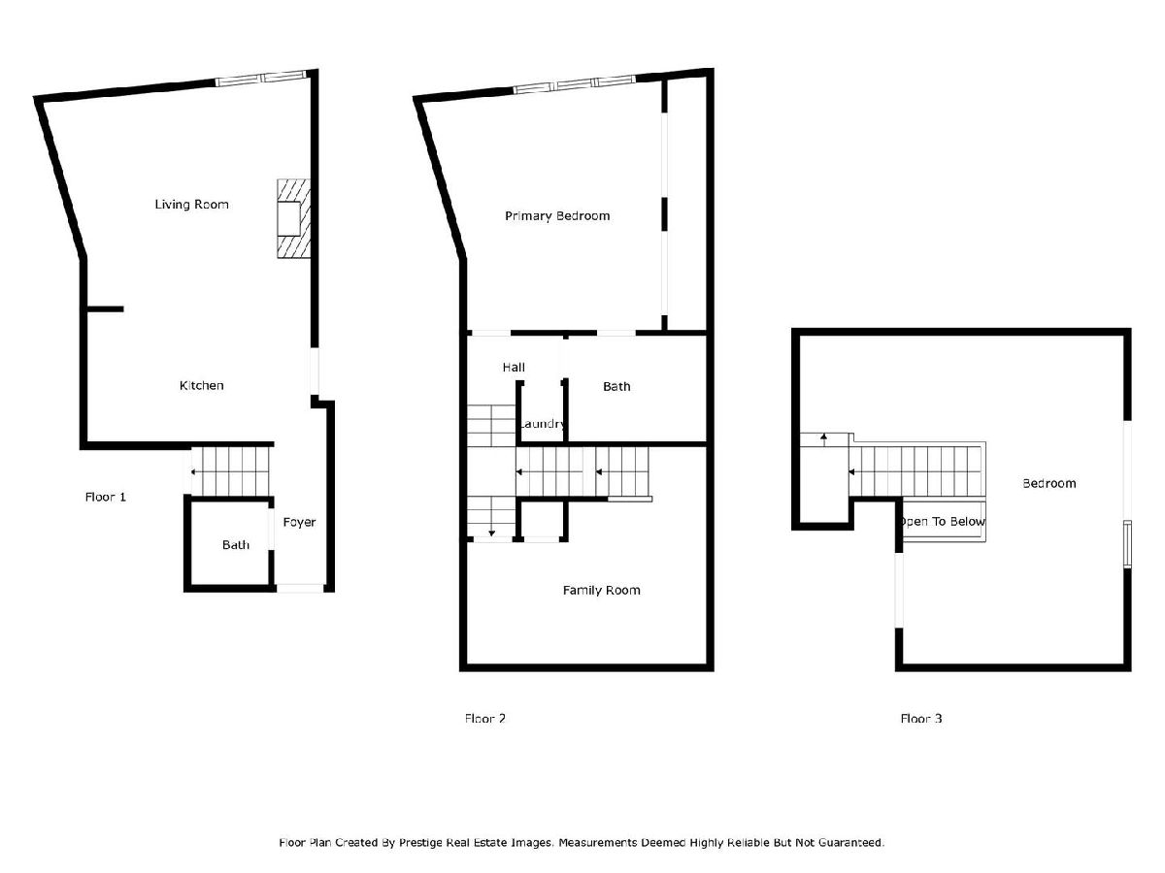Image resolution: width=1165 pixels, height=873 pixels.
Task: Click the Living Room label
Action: (x=191, y=205)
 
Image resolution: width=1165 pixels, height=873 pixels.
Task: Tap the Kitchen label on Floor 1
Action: (x=201, y=385)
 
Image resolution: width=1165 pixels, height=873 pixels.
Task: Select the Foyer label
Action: (x=299, y=523)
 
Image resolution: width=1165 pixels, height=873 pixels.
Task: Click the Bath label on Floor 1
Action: (x=236, y=545)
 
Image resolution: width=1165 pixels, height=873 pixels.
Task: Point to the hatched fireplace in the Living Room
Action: (x=293, y=218)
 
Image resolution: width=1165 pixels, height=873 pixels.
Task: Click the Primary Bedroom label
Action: (x=556, y=216)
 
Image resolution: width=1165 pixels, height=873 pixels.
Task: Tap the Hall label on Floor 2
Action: (x=514, y=368)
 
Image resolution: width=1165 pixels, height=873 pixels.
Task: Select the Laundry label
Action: (x=542, y=424)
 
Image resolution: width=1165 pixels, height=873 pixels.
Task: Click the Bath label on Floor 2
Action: (x=616, y=387)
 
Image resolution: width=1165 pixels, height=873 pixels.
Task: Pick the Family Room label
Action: (x=601, y=591)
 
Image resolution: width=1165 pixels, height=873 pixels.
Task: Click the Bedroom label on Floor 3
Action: (x=1048, y=483)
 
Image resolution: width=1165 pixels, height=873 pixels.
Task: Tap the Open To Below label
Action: (x=943, y=522)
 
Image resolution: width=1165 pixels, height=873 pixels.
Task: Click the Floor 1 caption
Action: (x=106, y=498)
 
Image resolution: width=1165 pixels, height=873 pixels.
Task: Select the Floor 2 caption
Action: (x=484, y=719)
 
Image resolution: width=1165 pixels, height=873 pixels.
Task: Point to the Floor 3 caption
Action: (x=921, y=719)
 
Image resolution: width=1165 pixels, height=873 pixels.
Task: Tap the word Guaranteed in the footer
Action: (x=850, y=843)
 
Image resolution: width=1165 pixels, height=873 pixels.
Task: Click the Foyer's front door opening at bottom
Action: (x=300, y=589)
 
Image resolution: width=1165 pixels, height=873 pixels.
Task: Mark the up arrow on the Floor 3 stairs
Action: (x=823, y=440)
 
